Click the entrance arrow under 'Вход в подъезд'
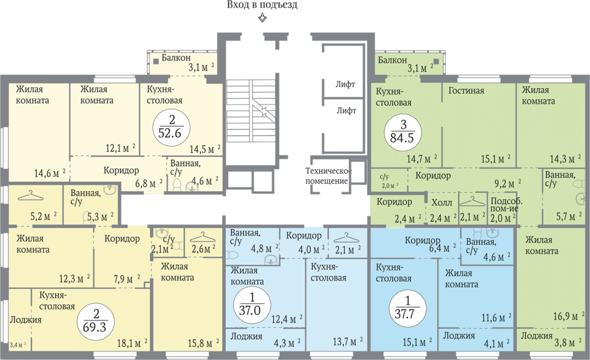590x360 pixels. [x=262, y=18]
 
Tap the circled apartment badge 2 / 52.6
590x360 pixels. [x=172, y=127]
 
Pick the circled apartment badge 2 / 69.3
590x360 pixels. [x=95, y=322]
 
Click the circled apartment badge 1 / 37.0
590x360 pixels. [x=250, y=305]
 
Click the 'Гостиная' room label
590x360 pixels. [x=466, y=91]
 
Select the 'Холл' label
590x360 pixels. [x=442, y=203]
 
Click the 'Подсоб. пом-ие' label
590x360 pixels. [x=506, y=205]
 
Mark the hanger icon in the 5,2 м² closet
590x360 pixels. [x=31, y=195]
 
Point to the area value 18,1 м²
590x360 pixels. [x=132, y=343]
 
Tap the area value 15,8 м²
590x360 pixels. [x=203, y=343]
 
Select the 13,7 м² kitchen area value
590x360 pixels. [x=348, y=342]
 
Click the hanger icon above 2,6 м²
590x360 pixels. [x=202, y=237]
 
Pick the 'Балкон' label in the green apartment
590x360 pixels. [x=393, y=60]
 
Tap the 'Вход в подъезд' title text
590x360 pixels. [x=262, y=6]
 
